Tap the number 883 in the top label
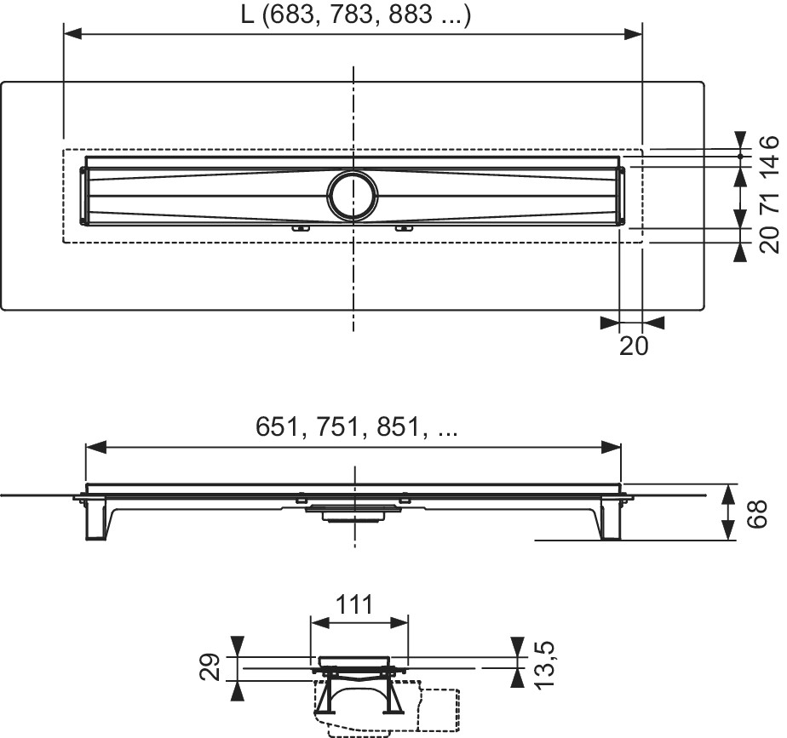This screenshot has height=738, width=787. tap(411, 15)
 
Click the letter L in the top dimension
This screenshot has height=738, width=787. tap(247, 15)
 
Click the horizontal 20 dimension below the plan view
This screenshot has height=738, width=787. tap(634, 346)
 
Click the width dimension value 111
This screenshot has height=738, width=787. tap(353, 604)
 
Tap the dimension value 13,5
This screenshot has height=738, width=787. tap(543, 666)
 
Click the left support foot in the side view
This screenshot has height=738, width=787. tap(96, 518)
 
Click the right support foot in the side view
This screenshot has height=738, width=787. tap(610, 518)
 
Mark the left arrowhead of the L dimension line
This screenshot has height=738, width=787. tap(72, 33)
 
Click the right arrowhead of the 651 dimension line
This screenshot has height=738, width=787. tap(612, 447)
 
